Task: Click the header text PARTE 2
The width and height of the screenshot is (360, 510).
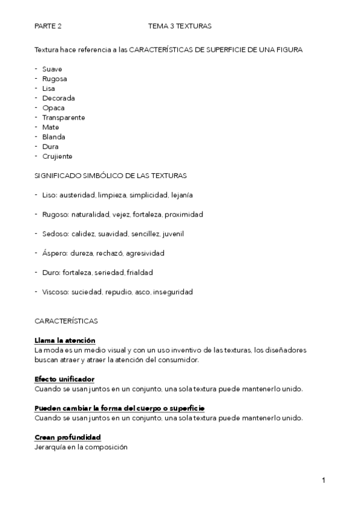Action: click(48, 26)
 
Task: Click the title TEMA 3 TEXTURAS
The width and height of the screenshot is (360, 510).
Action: click(180, 26)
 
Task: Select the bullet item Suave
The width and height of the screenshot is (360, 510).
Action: click(52, 69)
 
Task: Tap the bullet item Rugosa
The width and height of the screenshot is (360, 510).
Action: click(54, 79)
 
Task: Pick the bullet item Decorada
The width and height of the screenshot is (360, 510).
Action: click(58, 98)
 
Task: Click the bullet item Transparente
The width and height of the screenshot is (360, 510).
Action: click(63, 117)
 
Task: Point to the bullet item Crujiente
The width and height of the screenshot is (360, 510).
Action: click(57, 156)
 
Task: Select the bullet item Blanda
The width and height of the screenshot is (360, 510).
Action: click(53, 137)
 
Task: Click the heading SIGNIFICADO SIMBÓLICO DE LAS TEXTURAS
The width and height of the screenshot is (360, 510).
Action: click(111, 176)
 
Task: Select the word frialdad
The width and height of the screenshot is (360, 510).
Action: click(140, 273)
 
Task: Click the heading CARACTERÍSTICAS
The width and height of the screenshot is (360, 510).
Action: click(66, 321)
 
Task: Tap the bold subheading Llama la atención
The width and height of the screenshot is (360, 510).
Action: click(65, 340)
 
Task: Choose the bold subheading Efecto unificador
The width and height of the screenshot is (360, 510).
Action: click(64, 379)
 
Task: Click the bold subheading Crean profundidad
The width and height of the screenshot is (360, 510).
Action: click(67, 437)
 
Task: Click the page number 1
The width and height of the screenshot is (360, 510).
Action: click(323, 481)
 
